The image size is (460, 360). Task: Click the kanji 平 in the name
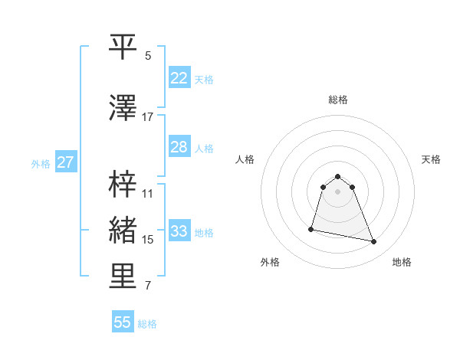[123, 47]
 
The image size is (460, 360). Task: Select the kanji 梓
[123, 183]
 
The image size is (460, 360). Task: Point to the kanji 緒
[123, 230]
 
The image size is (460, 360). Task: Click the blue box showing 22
[179, 77]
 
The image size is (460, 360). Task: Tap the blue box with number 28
[179, 147]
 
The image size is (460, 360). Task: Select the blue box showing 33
[179, 231]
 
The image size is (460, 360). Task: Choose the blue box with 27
[65, 162]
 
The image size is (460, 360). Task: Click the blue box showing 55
[123, 322]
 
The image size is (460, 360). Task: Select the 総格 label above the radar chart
[338, 100]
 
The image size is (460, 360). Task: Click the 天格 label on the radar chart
[431, 159]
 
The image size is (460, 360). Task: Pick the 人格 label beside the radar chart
[245, 159]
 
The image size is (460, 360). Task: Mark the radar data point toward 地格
[373, 242]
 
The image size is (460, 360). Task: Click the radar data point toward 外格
[311, 228]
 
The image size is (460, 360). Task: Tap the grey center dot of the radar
[338, 191]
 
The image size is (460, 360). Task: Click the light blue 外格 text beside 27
[41, 163]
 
